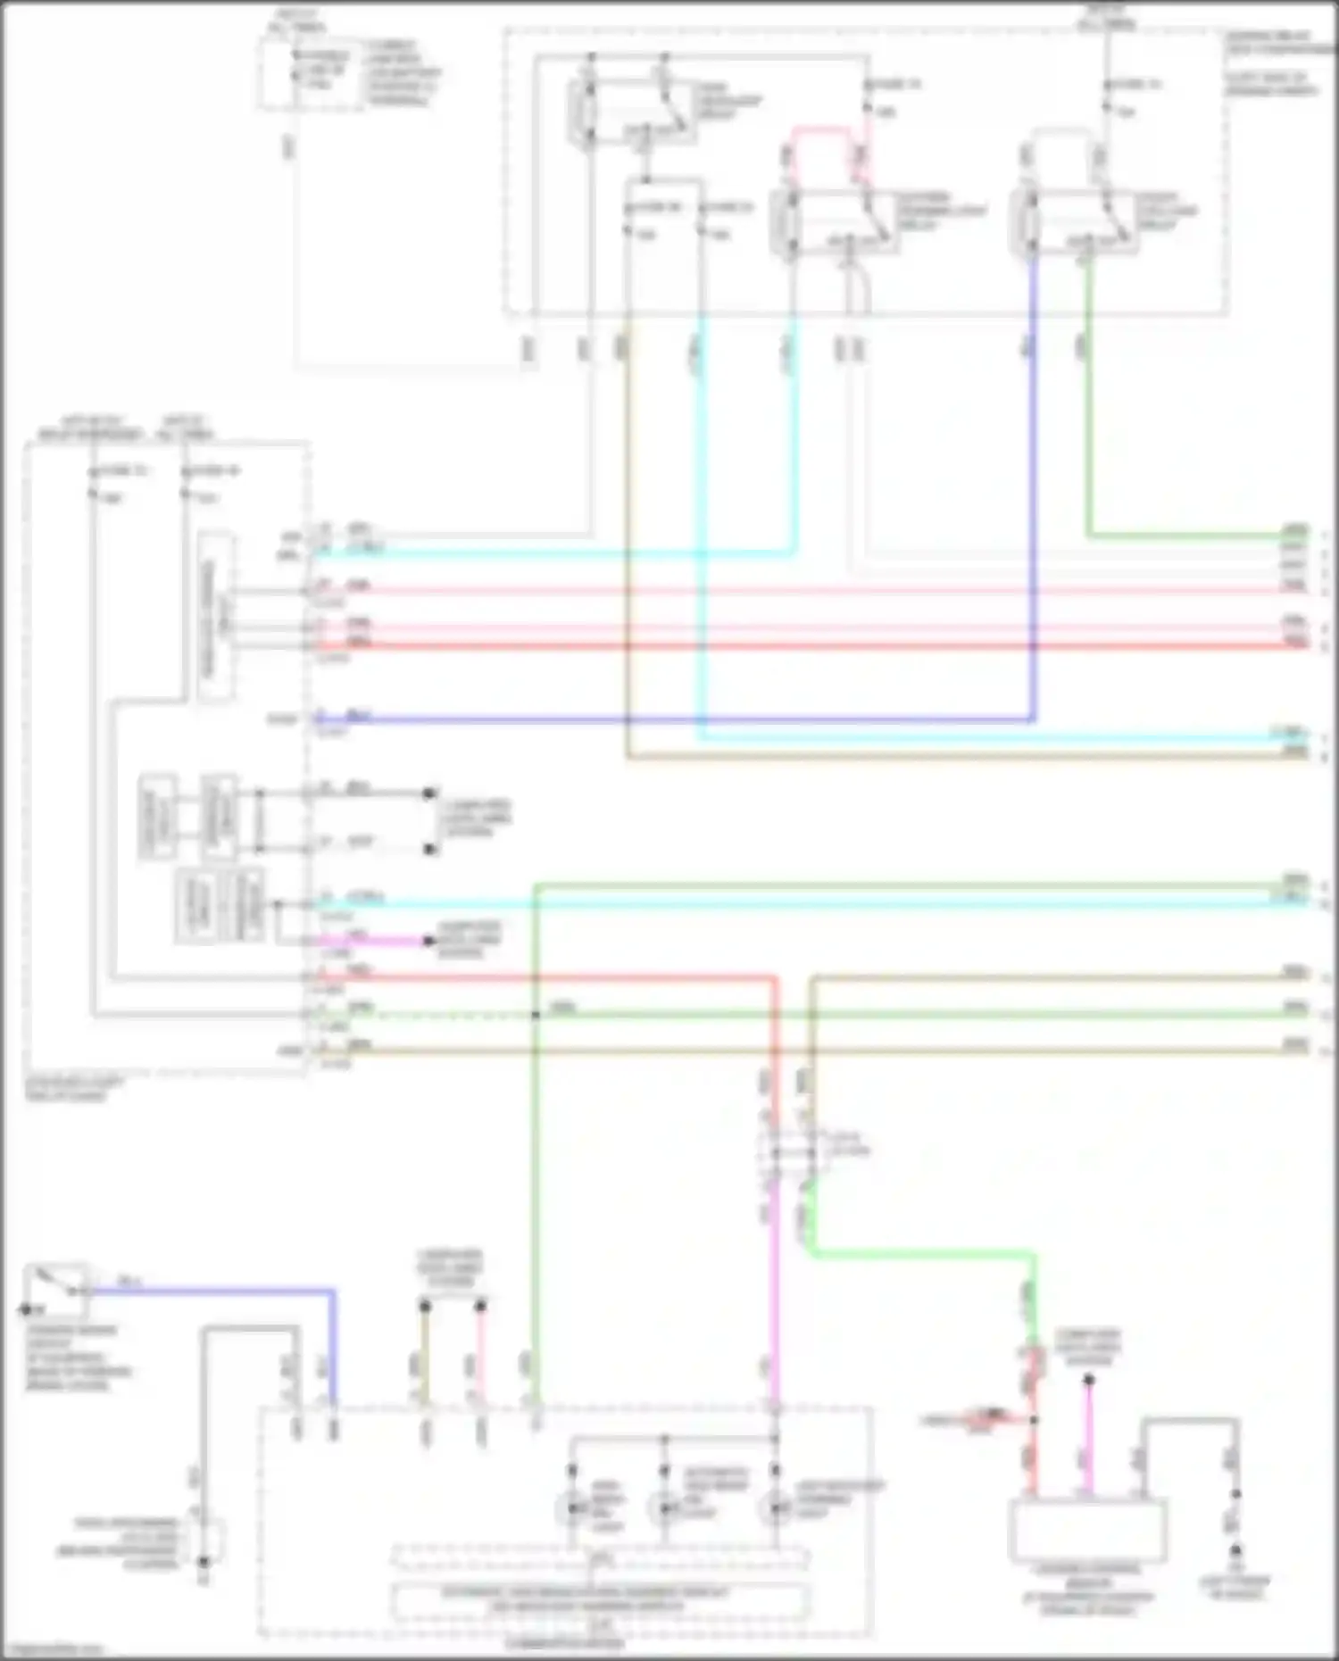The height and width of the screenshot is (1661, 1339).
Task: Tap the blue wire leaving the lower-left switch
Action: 214,1290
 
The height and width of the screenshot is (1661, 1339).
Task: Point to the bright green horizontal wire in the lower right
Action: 919,1254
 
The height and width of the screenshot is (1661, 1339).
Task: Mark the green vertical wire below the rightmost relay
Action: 1088,402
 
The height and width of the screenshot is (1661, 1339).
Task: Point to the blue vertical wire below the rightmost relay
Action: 1034,491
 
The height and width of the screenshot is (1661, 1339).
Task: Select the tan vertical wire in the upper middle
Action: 628,536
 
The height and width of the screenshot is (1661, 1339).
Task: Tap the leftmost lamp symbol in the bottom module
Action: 572,1508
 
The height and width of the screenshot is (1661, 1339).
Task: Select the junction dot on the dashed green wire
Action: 536,1015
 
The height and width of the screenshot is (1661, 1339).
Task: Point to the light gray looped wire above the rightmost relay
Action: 1062,134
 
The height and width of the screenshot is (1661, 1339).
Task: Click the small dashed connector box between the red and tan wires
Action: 793,1151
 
